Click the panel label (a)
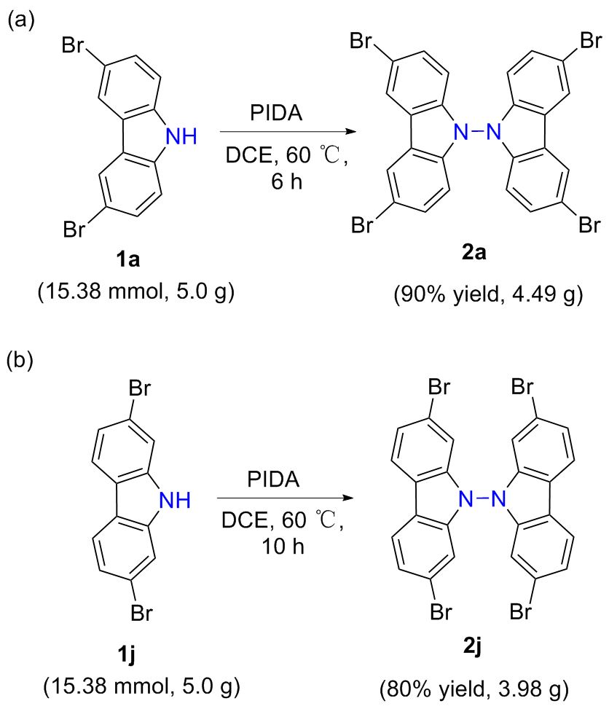click(x=21, y=20)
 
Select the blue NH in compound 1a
click(x=181, y=136)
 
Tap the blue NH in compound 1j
click(x=176, y=500)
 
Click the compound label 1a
click(x=128, y=260)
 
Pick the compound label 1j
click(x=126, y=655)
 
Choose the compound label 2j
click(x=472, y=647)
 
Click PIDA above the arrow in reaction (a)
click(x=276, y=113)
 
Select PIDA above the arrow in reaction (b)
click(x=273, y=479)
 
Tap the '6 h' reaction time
click(x=286, y=181)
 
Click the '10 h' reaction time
click(x=283, y=547)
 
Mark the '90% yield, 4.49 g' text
click(x=488, y=295)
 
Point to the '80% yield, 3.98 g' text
click(x=474, y=689)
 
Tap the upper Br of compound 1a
click(x=73, y=45)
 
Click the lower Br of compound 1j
click(x=141, y=613)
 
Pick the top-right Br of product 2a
click(x=591, y=41)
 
